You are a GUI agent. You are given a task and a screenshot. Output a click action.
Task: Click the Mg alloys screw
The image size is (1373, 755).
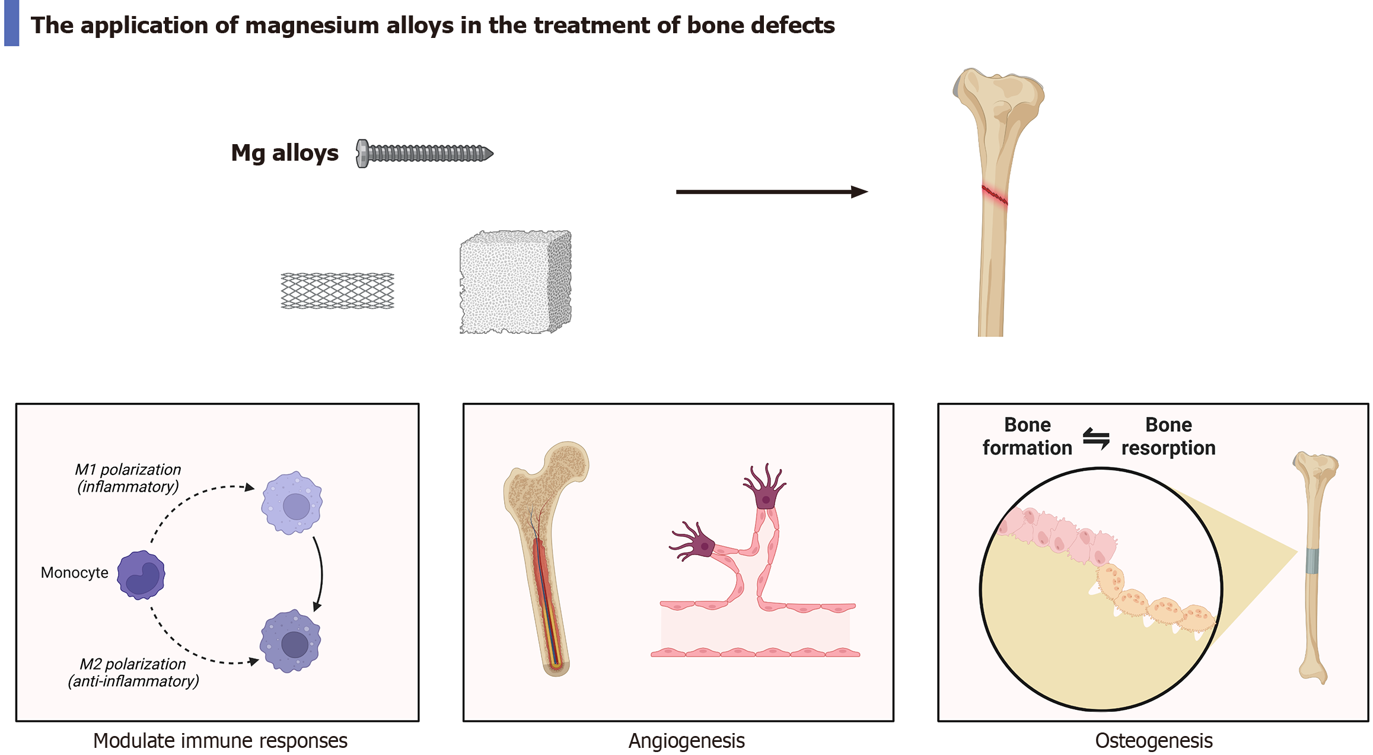pos(424,154)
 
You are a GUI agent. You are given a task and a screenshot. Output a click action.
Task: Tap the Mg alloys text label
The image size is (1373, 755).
pos(285,153)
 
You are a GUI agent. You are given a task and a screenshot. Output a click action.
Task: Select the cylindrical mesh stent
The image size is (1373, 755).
pos(337,291)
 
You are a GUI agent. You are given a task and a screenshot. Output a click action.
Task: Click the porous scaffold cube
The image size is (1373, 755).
pos(515,282)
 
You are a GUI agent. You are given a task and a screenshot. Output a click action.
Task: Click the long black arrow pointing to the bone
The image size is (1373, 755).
pos(771,192)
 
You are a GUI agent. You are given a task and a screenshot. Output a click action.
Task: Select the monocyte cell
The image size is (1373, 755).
pos(141,575)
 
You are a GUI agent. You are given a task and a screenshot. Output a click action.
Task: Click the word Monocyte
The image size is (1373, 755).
pos(75,573)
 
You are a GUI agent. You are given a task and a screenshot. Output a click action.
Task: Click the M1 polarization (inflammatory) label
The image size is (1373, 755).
pos(128,478)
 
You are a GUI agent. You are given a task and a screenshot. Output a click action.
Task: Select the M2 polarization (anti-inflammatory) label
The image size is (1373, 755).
pos(133,673)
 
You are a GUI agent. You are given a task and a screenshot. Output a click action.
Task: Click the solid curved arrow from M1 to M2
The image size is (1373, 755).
pos(320,573)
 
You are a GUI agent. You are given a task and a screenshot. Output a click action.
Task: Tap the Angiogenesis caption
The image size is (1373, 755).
pos(686,741)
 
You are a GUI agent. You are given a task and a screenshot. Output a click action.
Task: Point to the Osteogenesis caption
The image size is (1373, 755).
pos(1154,741)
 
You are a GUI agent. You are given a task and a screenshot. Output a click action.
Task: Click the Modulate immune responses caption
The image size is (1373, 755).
pos(220,741)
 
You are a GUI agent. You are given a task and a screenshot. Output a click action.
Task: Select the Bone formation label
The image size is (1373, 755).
pos(1027,437)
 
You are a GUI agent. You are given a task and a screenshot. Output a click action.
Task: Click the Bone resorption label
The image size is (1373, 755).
pos(1168,437)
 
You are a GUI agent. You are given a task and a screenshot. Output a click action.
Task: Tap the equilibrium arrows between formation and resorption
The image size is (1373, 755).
pos(1096,438)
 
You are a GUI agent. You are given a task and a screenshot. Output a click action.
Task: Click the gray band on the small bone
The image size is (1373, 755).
pos(1313,561)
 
